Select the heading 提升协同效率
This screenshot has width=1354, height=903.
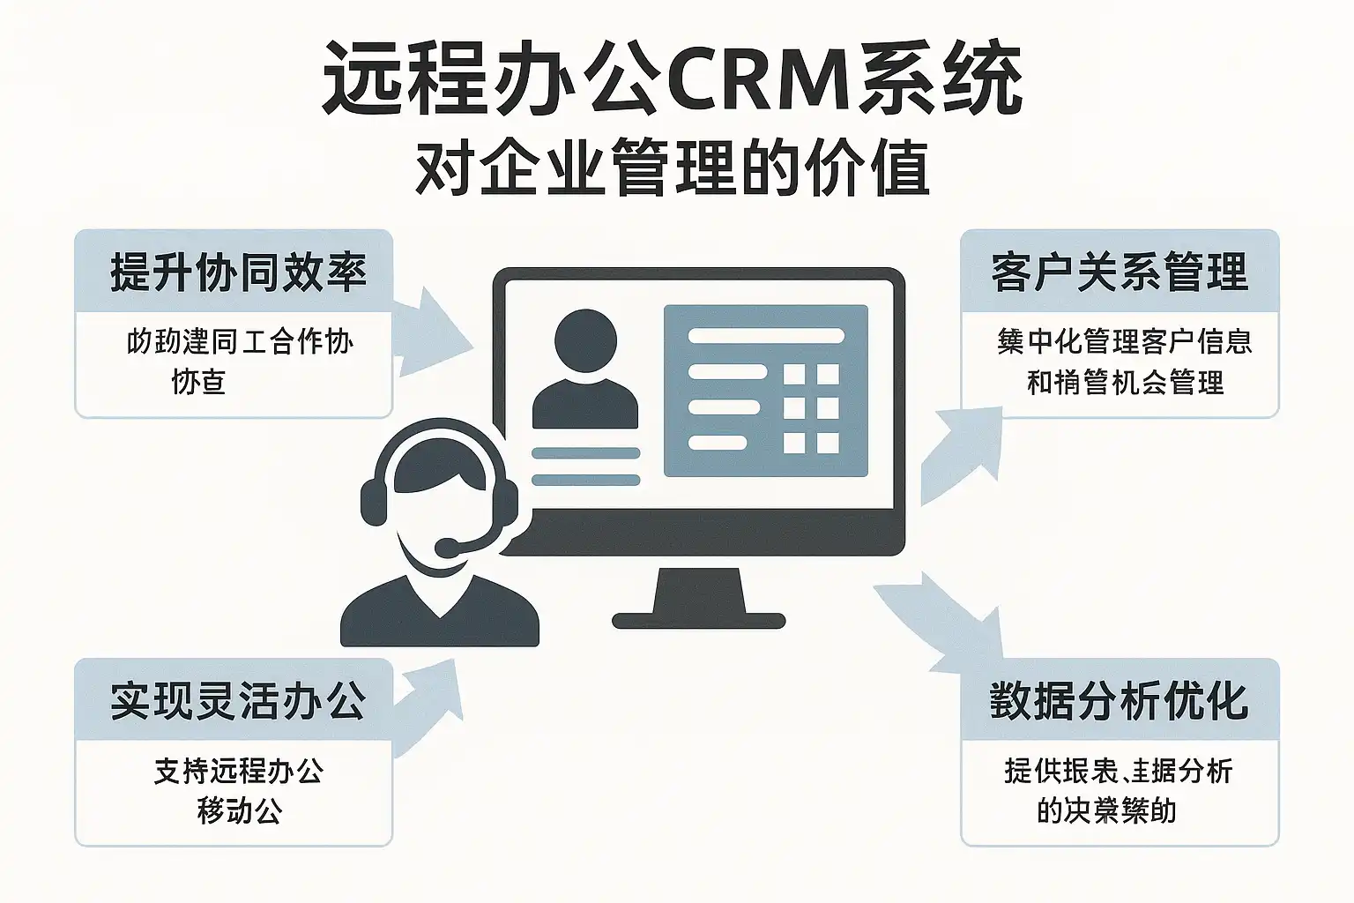(x=238, y=272)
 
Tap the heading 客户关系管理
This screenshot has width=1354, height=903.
(x=1120, y=272)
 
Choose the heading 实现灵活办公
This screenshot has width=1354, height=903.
(x=238, y=701)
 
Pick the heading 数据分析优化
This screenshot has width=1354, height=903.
(x=1120, y=701)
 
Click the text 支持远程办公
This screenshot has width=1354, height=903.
(x=238, y=771)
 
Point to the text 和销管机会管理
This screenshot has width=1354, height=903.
(x=1125, y=382)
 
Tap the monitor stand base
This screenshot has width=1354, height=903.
(x=698, y=620)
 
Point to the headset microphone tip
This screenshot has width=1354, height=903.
(x=447, y=549)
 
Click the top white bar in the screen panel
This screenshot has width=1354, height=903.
(x=765, y=336)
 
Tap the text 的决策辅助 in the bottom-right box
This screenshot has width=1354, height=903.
(x=1106, y=810)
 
